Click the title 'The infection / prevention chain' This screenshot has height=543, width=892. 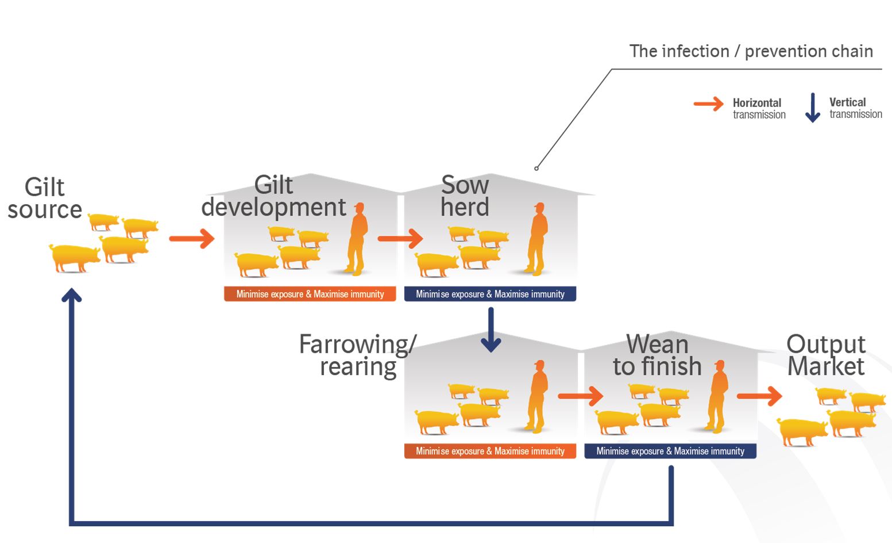click(751, 51)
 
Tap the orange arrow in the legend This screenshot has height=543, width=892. click(708, 104)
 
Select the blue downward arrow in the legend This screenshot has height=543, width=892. click(812, 108)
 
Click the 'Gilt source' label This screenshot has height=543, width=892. click(45, 198)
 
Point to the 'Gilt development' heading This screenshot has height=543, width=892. click(273, 196)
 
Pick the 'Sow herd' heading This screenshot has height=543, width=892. click(465, 196)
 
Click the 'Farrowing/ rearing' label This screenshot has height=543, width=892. click(357, 355)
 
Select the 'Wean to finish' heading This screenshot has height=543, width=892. click(657, 355)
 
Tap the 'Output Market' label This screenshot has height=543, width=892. click(825, 355)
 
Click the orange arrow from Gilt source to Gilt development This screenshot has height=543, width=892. click(192, 238)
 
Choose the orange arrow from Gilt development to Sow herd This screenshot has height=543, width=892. click(400, 238)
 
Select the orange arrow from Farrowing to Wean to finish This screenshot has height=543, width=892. click(580, 396)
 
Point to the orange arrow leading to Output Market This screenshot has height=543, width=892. click(759, 396)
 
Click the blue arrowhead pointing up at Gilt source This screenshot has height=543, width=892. click(72, 296)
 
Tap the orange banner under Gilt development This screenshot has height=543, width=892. click(310, 294)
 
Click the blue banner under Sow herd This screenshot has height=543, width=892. click(490, 294)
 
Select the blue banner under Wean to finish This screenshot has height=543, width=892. click(670, 451)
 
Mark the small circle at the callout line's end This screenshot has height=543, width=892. click(536, 169)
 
